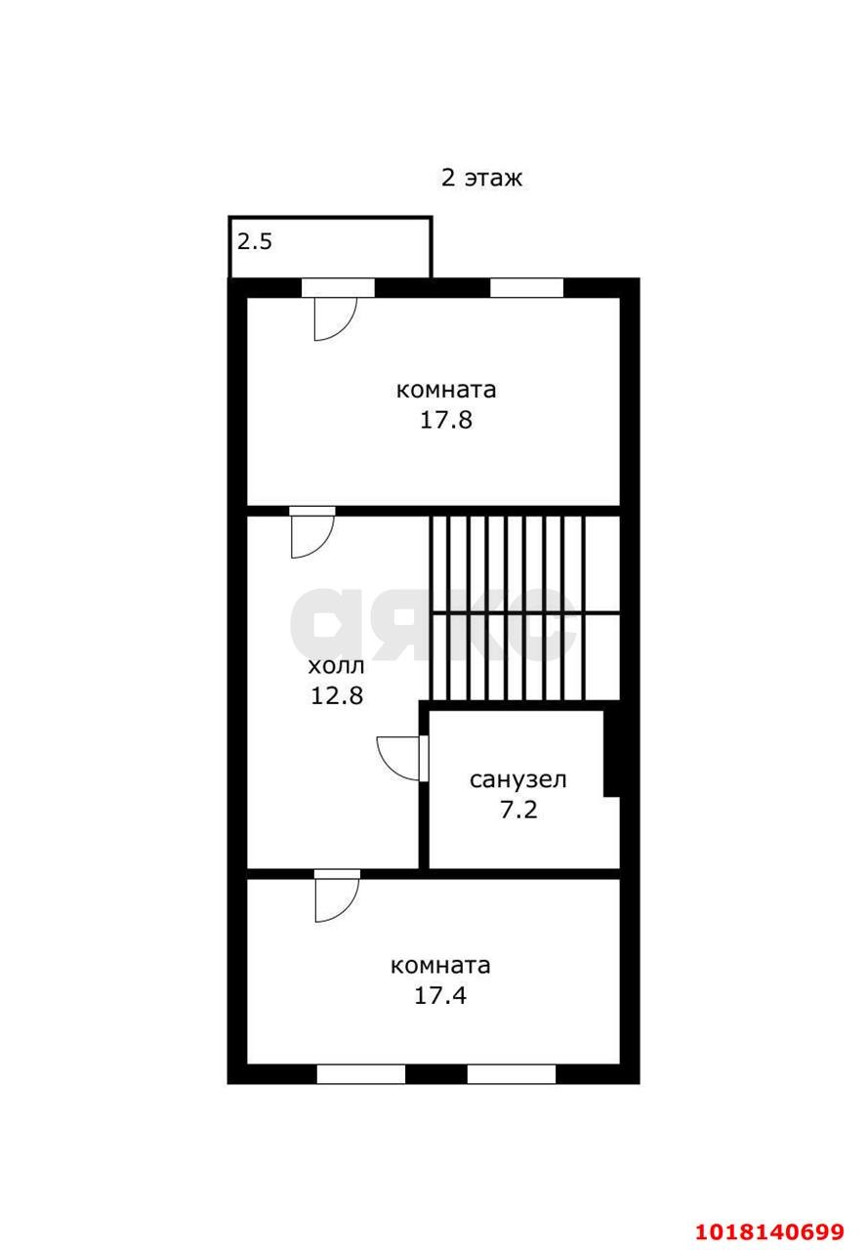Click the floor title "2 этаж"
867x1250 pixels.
coord(481,178)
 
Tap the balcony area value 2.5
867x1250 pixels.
coord(255,241)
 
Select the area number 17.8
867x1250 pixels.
coord(446,420)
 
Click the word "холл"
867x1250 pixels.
coord(336,666)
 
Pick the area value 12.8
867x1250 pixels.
coord(337,695)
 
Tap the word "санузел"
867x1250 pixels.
coord(517,779)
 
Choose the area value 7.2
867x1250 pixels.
coord(518,810)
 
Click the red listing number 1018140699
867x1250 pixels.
coord(769,1230)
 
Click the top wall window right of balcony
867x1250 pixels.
coord(526,287)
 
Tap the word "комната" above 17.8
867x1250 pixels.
coord(446,390)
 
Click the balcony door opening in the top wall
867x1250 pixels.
coord(338,287)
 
